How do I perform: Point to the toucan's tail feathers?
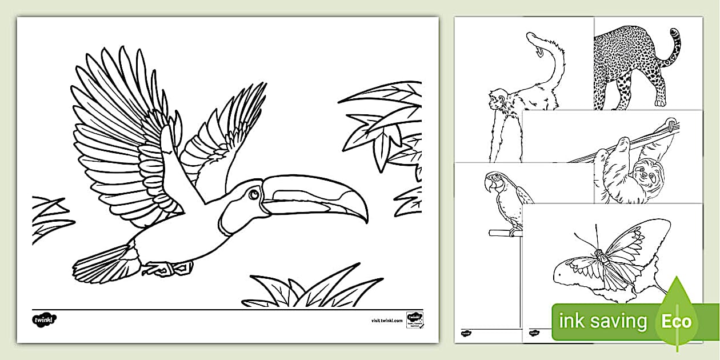(103, 264)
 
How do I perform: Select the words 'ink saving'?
(603, 321)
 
